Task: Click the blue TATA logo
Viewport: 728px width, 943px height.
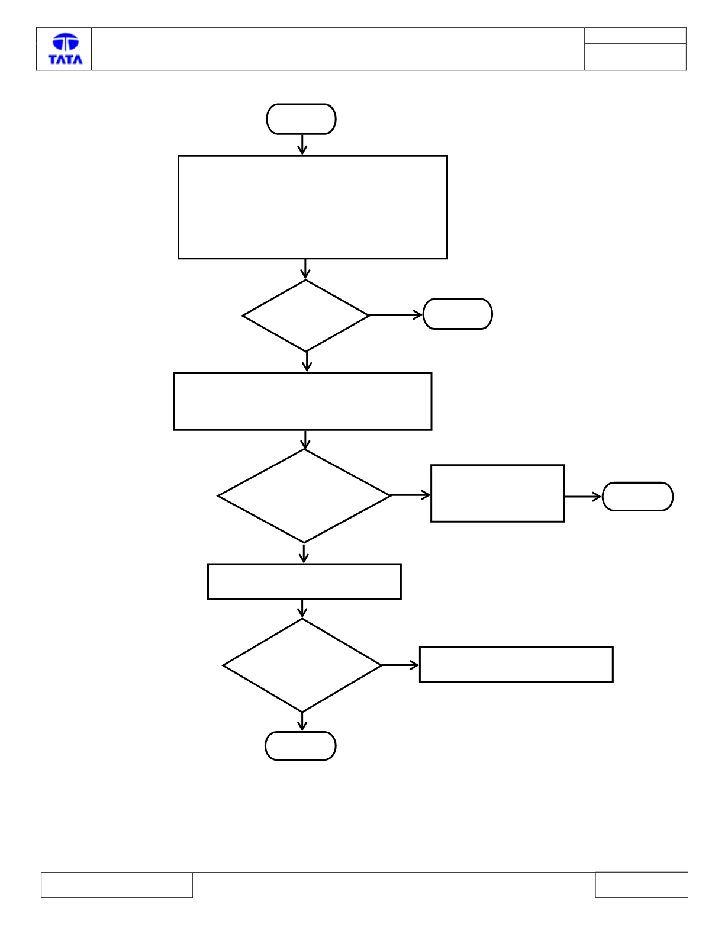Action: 65,49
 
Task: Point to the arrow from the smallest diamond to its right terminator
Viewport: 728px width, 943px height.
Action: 396,314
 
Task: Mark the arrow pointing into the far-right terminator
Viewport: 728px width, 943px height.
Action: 583,497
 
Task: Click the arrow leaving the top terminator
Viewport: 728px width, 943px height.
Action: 302,144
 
